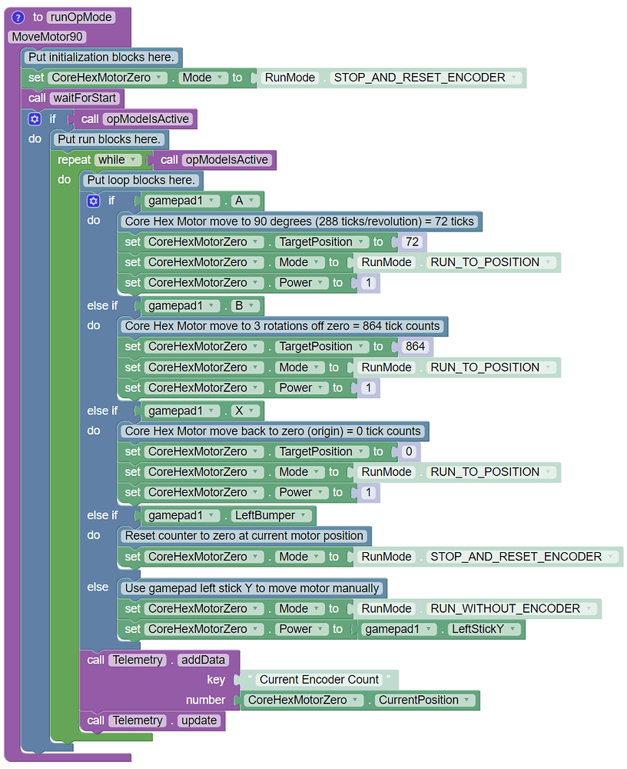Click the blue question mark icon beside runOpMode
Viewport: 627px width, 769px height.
click(18, 17)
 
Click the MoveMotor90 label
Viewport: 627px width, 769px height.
click(48, 37)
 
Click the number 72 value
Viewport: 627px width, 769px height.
click(412, 242)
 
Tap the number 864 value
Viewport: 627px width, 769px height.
click(415, 347)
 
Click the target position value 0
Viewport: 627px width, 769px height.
click(409, 452)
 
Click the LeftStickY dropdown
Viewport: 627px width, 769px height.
click(484, 629)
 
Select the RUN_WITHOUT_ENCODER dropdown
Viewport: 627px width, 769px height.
click(511, 609)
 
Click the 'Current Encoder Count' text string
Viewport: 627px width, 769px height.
click(319, 680)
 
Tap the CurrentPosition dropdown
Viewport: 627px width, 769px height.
click(423, 701)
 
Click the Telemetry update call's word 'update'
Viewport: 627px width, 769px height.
click(199, 721)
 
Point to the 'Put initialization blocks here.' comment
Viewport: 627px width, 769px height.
click(101, 58)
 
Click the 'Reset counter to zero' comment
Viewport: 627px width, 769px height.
click(244, 535)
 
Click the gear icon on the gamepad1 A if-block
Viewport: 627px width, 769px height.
click(93, 201)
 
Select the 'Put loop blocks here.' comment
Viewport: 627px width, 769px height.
click(141, 181)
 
